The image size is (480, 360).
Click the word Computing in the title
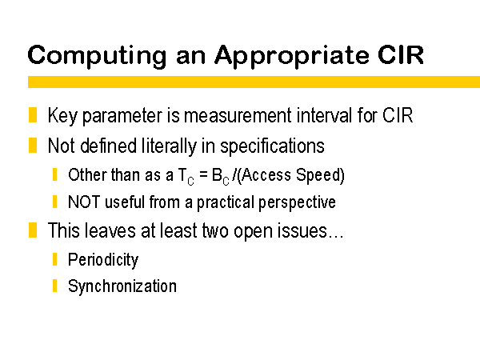(97, 57)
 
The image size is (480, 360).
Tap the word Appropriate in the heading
(291, 57)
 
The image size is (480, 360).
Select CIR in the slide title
(401, 54)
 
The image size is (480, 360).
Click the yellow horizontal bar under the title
(254, 82)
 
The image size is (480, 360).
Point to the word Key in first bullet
(62, 116)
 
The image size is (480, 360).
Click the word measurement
(238, 116)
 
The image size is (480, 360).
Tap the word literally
(169, 146)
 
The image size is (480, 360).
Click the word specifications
(272, 146)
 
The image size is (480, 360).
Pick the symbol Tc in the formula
(186, 177)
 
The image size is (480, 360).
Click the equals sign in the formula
(203, 175)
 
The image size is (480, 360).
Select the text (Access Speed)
(291, 175)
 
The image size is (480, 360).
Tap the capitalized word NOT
(84, 202)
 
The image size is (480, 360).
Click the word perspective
(297, 203)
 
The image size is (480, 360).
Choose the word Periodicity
(103, 260)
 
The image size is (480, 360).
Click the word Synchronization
(122, 286)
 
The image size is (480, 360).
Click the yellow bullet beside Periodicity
(54, 259)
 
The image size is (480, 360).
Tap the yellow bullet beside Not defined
(33, 145)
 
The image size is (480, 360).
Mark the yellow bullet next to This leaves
(33, 230)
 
